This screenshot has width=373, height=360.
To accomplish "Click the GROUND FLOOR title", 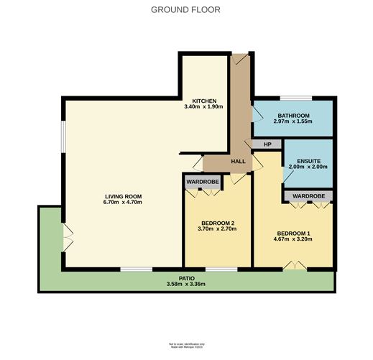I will point(185,10).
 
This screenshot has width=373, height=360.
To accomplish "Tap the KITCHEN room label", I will point(204,101).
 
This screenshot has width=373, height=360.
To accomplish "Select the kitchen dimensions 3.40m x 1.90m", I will point(204,107).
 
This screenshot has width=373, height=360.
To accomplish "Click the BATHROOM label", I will point(292,116).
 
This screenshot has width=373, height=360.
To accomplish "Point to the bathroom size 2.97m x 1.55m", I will point(292,122).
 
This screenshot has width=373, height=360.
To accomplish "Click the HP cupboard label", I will point(268,144).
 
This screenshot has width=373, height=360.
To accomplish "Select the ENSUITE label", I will point(308,160).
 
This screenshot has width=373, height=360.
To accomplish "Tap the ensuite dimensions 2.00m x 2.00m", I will point(308,167).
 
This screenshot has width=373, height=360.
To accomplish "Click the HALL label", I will point(239,161).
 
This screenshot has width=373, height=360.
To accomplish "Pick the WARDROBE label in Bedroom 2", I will point(203,182).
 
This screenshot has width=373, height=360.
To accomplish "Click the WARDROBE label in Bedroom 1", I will point(308,195).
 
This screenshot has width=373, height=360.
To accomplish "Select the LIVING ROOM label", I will point(124,196).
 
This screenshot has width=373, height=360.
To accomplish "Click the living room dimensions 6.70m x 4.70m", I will point(124,203).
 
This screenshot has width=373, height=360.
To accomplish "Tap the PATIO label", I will point(187,277).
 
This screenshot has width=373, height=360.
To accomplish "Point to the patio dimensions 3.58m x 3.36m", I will point(187,284).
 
